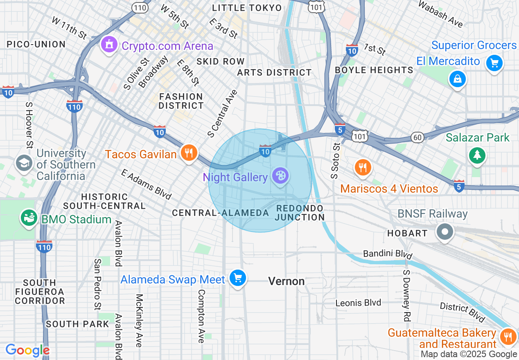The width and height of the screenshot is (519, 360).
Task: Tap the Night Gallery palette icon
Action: click(281, 176)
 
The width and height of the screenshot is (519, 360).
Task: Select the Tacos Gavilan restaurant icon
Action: click(189, 153)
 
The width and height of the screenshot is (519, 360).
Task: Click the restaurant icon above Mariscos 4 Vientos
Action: click(362, 167)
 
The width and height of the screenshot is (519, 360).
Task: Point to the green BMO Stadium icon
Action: click(29, 218)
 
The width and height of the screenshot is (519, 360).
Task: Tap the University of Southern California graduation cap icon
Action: click(24, 163)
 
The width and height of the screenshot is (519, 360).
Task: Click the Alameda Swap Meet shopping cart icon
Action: click(237, 279)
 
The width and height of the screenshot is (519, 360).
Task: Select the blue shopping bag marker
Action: click(457, 79)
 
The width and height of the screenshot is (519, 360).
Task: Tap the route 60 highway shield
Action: click(417, 137)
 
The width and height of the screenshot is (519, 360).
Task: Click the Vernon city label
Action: click(287, 281)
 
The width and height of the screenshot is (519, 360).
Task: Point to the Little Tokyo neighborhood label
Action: click(247, 8)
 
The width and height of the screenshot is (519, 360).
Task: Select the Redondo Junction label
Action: click(300, 213)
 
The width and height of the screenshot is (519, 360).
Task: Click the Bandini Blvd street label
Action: click(387, 254)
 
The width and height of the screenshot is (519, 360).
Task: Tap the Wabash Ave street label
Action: click(440, 14)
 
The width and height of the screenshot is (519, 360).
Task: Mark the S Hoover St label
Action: click(29, 125)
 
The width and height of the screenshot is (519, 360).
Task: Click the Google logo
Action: click(27, 350)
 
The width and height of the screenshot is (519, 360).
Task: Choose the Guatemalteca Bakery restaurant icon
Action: click(508, 337)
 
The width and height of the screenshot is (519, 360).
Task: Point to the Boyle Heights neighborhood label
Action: click(374, 70)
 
